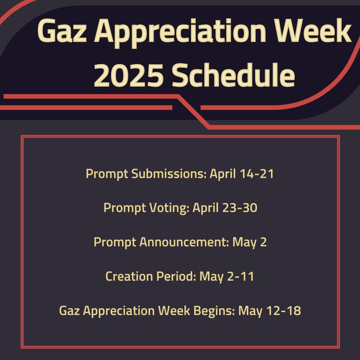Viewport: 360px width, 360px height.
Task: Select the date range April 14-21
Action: (242, 174)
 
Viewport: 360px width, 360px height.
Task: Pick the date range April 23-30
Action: (225, 208)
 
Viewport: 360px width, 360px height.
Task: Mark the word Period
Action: (173, 276)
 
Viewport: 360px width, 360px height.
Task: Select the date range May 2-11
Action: (227, 276)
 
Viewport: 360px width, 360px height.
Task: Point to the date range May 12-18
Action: (270, 311)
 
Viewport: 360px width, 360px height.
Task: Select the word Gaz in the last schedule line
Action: (69, 311)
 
